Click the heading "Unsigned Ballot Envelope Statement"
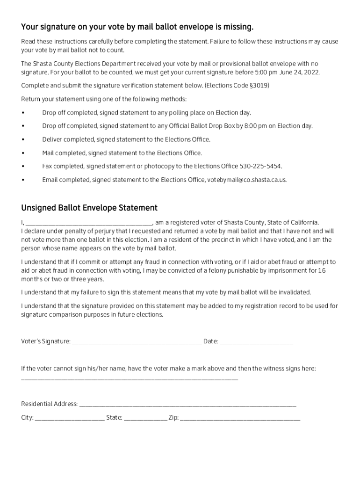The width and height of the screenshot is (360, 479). tap(89, 208)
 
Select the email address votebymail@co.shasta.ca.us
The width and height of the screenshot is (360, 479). tap(247, 180)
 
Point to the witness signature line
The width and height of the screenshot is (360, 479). tap(130, 378)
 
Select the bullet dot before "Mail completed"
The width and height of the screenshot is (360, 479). tap(23, 153)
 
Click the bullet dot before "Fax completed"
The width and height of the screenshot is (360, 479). tap(23, 167)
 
